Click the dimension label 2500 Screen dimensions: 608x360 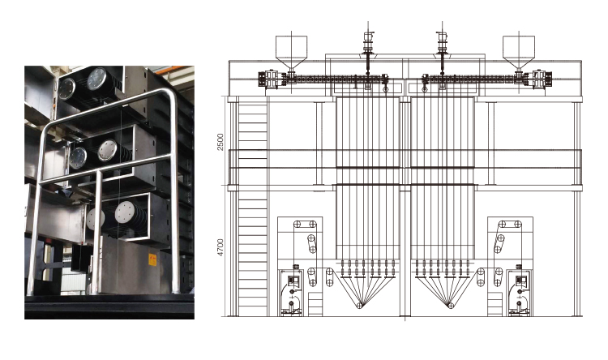click(x=221, y=142)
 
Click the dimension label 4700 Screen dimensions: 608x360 click(x=221, y=247)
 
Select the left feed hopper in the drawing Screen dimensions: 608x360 click(x=291, y=54)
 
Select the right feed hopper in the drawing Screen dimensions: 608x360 click(x=519, y=54)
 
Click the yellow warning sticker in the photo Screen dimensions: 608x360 click(x=152, y=260)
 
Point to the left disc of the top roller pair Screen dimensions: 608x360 click(x=66, y=88)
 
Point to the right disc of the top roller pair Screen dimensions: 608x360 click(x=96, y=79)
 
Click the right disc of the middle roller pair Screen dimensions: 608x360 click(x=107, y=150)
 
